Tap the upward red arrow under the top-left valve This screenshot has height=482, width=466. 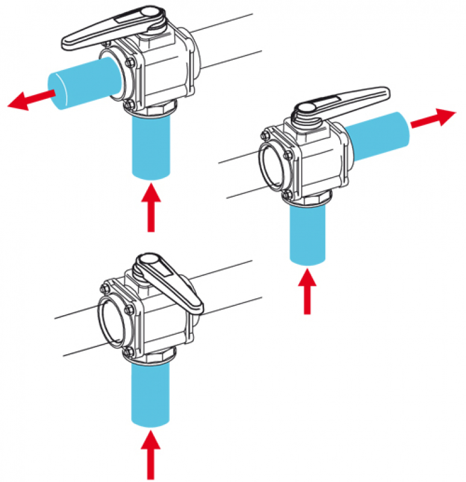point(151,208)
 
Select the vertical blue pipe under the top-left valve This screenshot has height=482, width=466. point(151,147)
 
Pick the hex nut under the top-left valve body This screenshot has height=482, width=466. point(153,111)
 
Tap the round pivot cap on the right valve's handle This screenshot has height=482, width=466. point(304,109)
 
